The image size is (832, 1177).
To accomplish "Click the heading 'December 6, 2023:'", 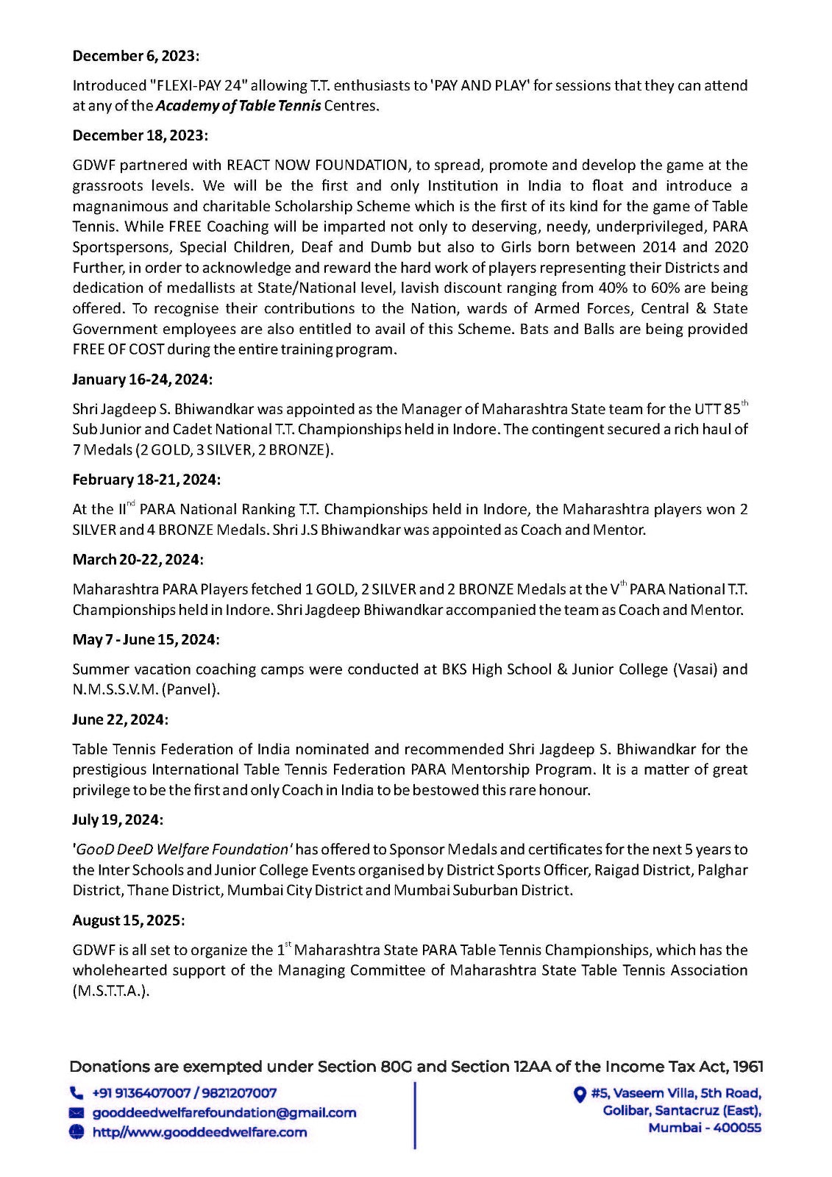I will click(x=136, y=56).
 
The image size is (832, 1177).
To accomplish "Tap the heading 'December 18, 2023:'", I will click(x=140, y=135).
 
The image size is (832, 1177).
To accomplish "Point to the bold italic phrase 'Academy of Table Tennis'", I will click(x=238, y=105).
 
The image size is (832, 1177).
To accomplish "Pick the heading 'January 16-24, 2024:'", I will click(x=142, y=380).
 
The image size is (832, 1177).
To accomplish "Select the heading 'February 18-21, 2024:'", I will click(x=146, y=480).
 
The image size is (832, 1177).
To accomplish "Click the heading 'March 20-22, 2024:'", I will click(x=138, y=560).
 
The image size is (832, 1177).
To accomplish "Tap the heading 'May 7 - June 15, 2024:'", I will click(x=146, y=640).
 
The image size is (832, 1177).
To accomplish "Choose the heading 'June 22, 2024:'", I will click(x=120, y=719).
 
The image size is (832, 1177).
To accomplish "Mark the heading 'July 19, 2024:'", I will click(x=118, y=819).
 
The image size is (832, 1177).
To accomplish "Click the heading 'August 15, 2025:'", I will click(x=129, y=920).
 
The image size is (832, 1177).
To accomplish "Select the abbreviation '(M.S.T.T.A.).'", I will click(x=111, y=991).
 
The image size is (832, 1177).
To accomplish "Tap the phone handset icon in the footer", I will click(x=77, y=1093).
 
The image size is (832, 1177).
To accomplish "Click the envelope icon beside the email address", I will click(x=77, y=1113).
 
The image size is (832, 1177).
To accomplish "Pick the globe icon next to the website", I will click(x=77, y=1132).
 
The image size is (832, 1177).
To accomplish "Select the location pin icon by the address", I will click(x=580, y=1094).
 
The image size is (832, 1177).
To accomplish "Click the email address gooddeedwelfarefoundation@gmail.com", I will click(x=224, y=1113).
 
